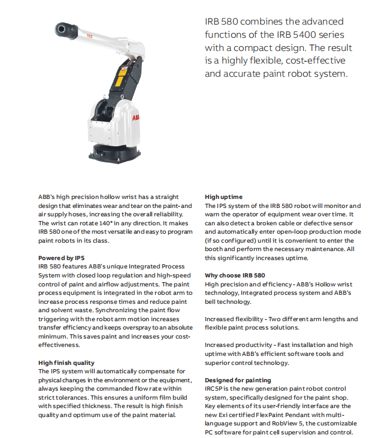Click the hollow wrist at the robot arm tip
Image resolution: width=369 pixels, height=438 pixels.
[62, 28]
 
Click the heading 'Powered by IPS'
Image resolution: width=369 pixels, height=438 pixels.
[61, 258]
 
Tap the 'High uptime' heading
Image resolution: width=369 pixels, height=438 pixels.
[223, 197]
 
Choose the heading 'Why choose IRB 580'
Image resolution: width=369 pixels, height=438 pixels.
[235, 276]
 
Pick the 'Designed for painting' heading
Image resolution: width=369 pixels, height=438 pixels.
[238, 380]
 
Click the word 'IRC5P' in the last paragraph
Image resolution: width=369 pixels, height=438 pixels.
[214, 389]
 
